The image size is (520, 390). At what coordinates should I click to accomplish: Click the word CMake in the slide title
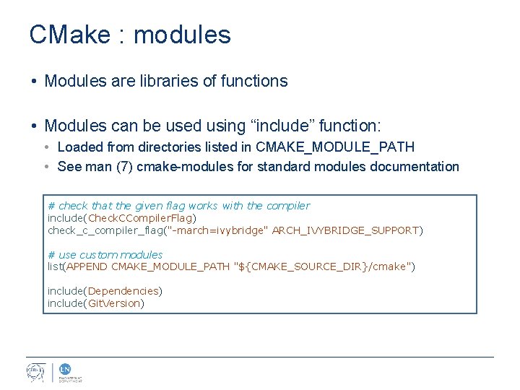pyautogui.click(x=71, y=35)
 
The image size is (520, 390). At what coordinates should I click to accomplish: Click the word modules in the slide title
pyautogui.click(x=183, y=35)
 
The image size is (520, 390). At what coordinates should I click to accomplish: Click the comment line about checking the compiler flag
pyautogui.click(x=178, y=206)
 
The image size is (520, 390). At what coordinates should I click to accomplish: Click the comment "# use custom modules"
pyautogui.click(x=105, y=255)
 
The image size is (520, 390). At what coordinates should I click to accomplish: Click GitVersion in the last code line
pyautogui.click(x=113, y=303)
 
